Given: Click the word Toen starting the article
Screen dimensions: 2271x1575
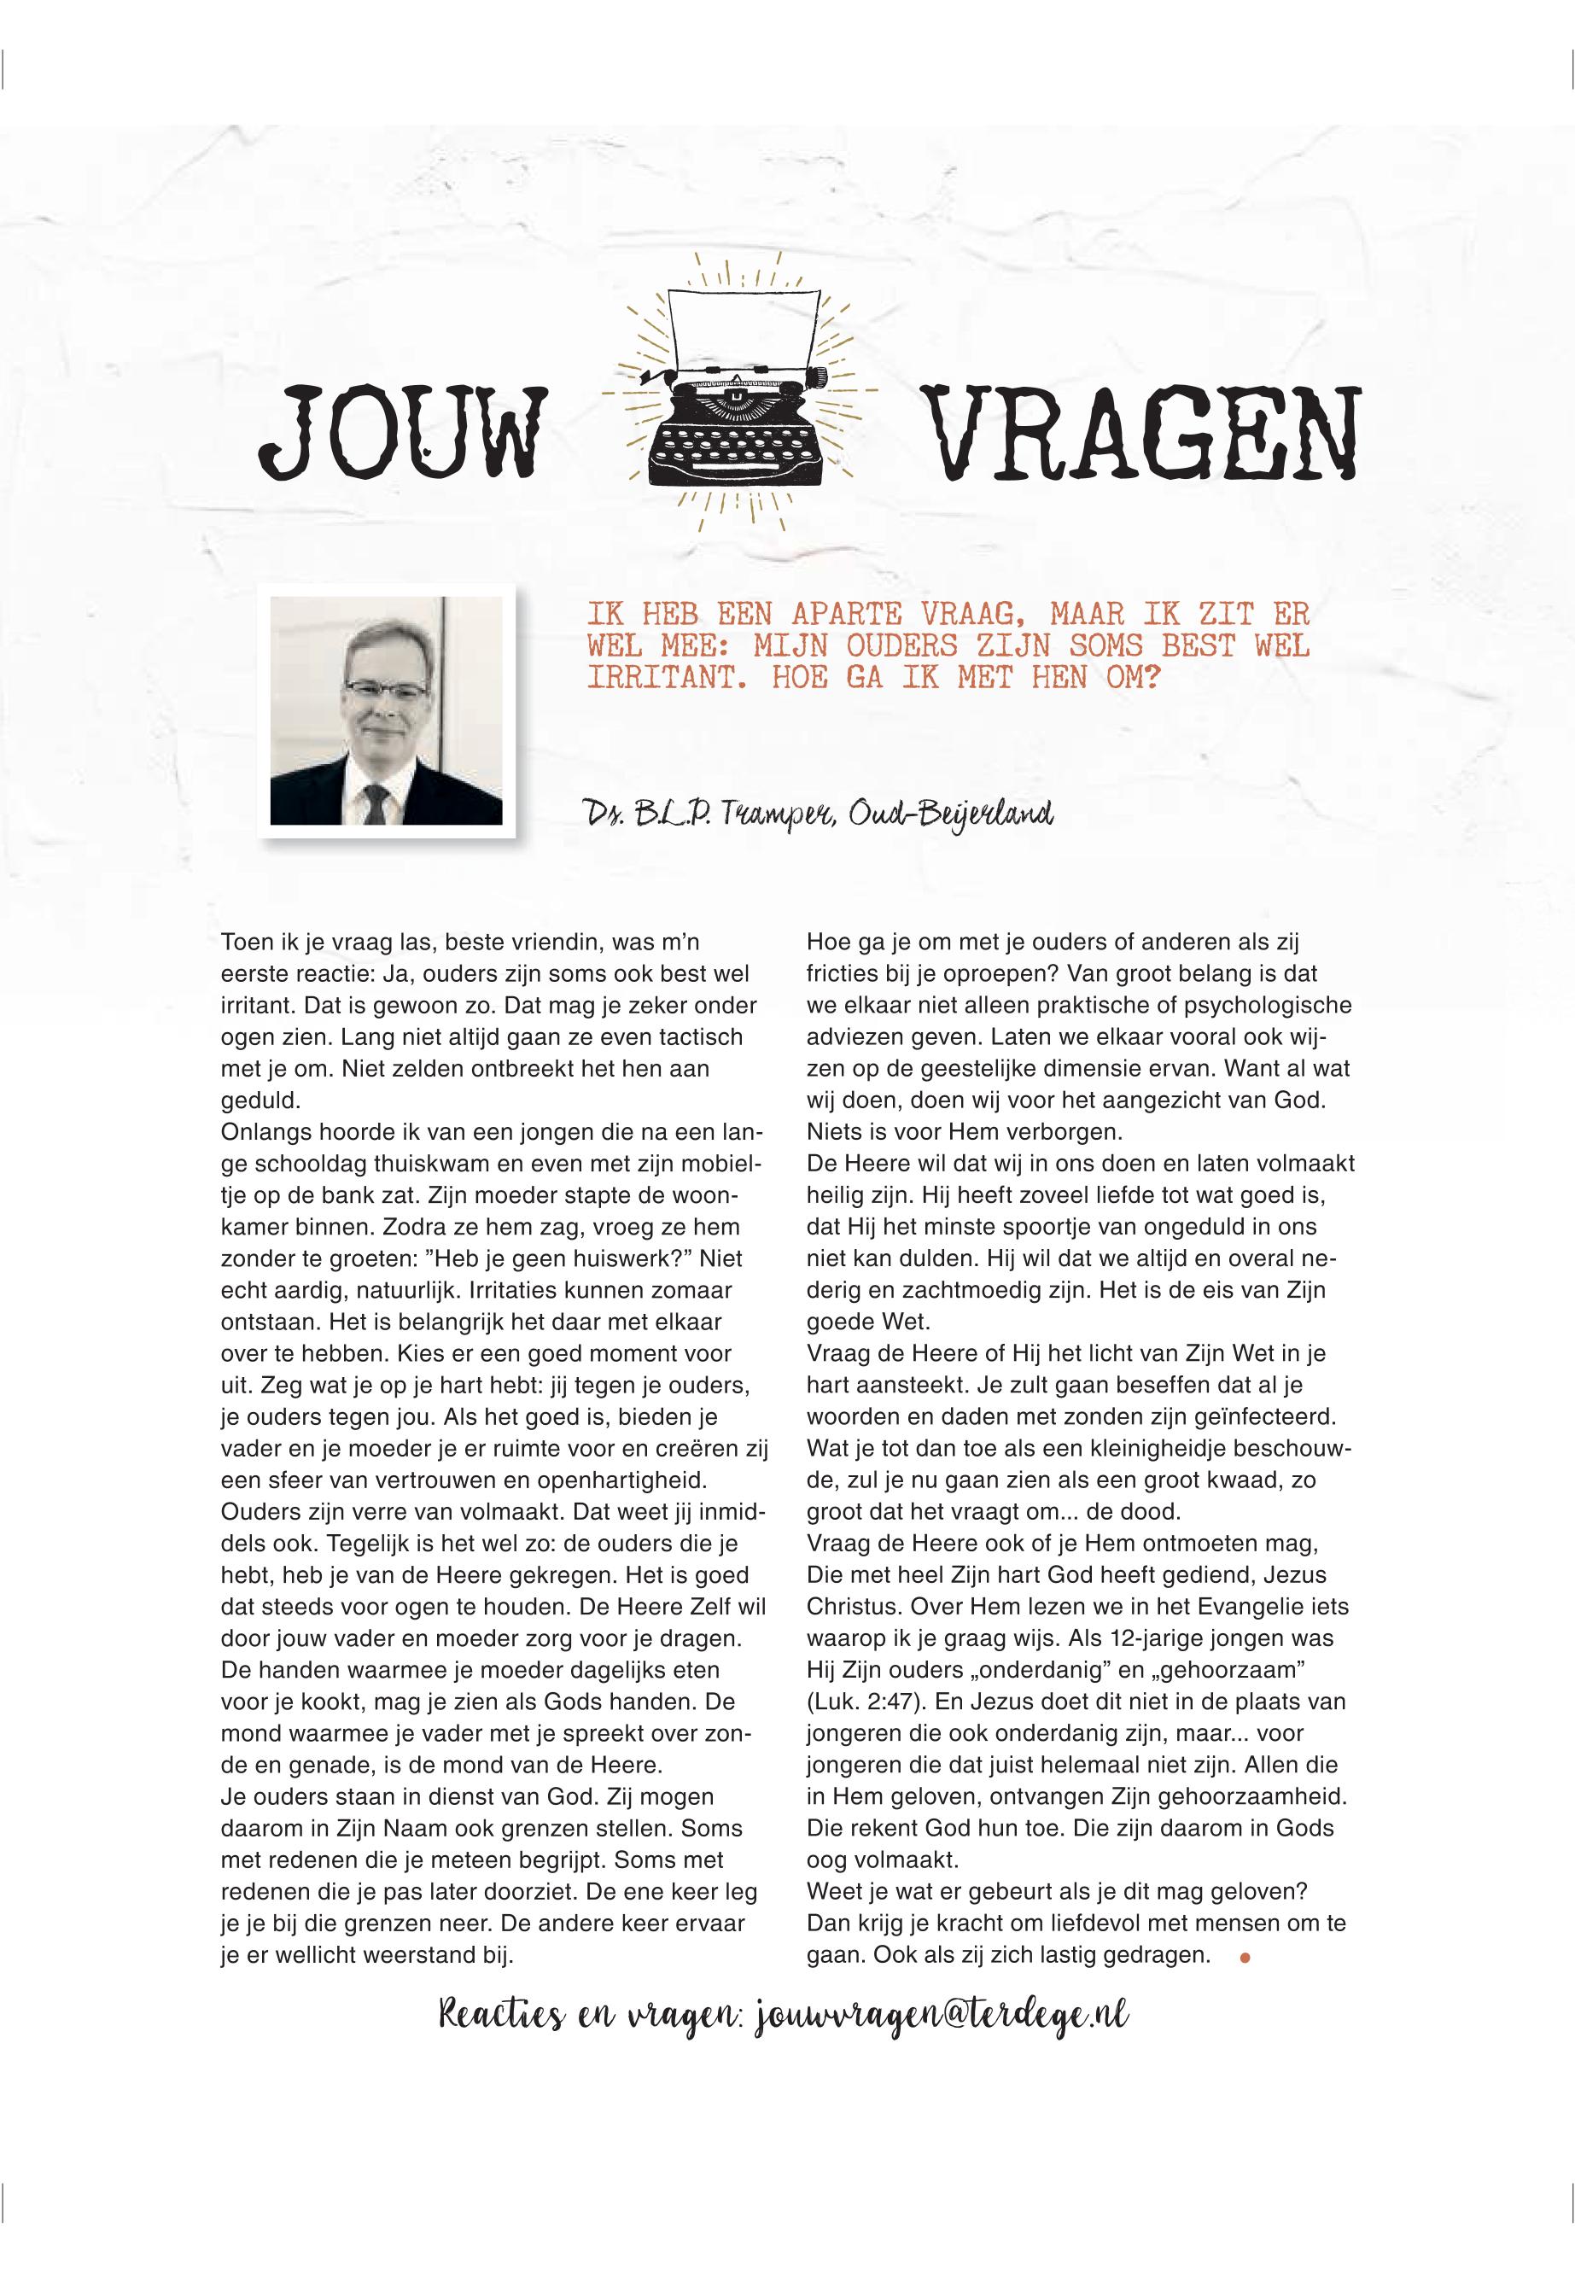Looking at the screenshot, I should point(247,943).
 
